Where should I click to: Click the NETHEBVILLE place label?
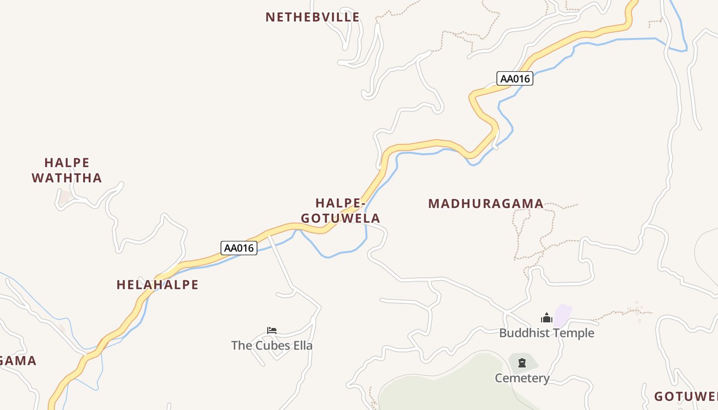312,17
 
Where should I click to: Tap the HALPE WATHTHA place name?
67,171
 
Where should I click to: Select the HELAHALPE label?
157,285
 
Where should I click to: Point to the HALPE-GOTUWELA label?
341,211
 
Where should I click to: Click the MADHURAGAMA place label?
486,204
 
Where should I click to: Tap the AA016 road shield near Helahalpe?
239,248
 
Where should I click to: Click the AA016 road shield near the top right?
515,78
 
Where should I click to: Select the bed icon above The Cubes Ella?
272,331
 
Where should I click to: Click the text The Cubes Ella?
272,345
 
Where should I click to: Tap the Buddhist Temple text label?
547,333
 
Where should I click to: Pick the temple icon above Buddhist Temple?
547,318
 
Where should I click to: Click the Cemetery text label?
522,378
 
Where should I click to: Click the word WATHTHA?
67,178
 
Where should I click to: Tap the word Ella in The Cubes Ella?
302,345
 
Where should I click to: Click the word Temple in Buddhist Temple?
574,333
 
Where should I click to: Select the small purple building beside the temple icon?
564,315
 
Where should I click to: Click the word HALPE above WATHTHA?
67,163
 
